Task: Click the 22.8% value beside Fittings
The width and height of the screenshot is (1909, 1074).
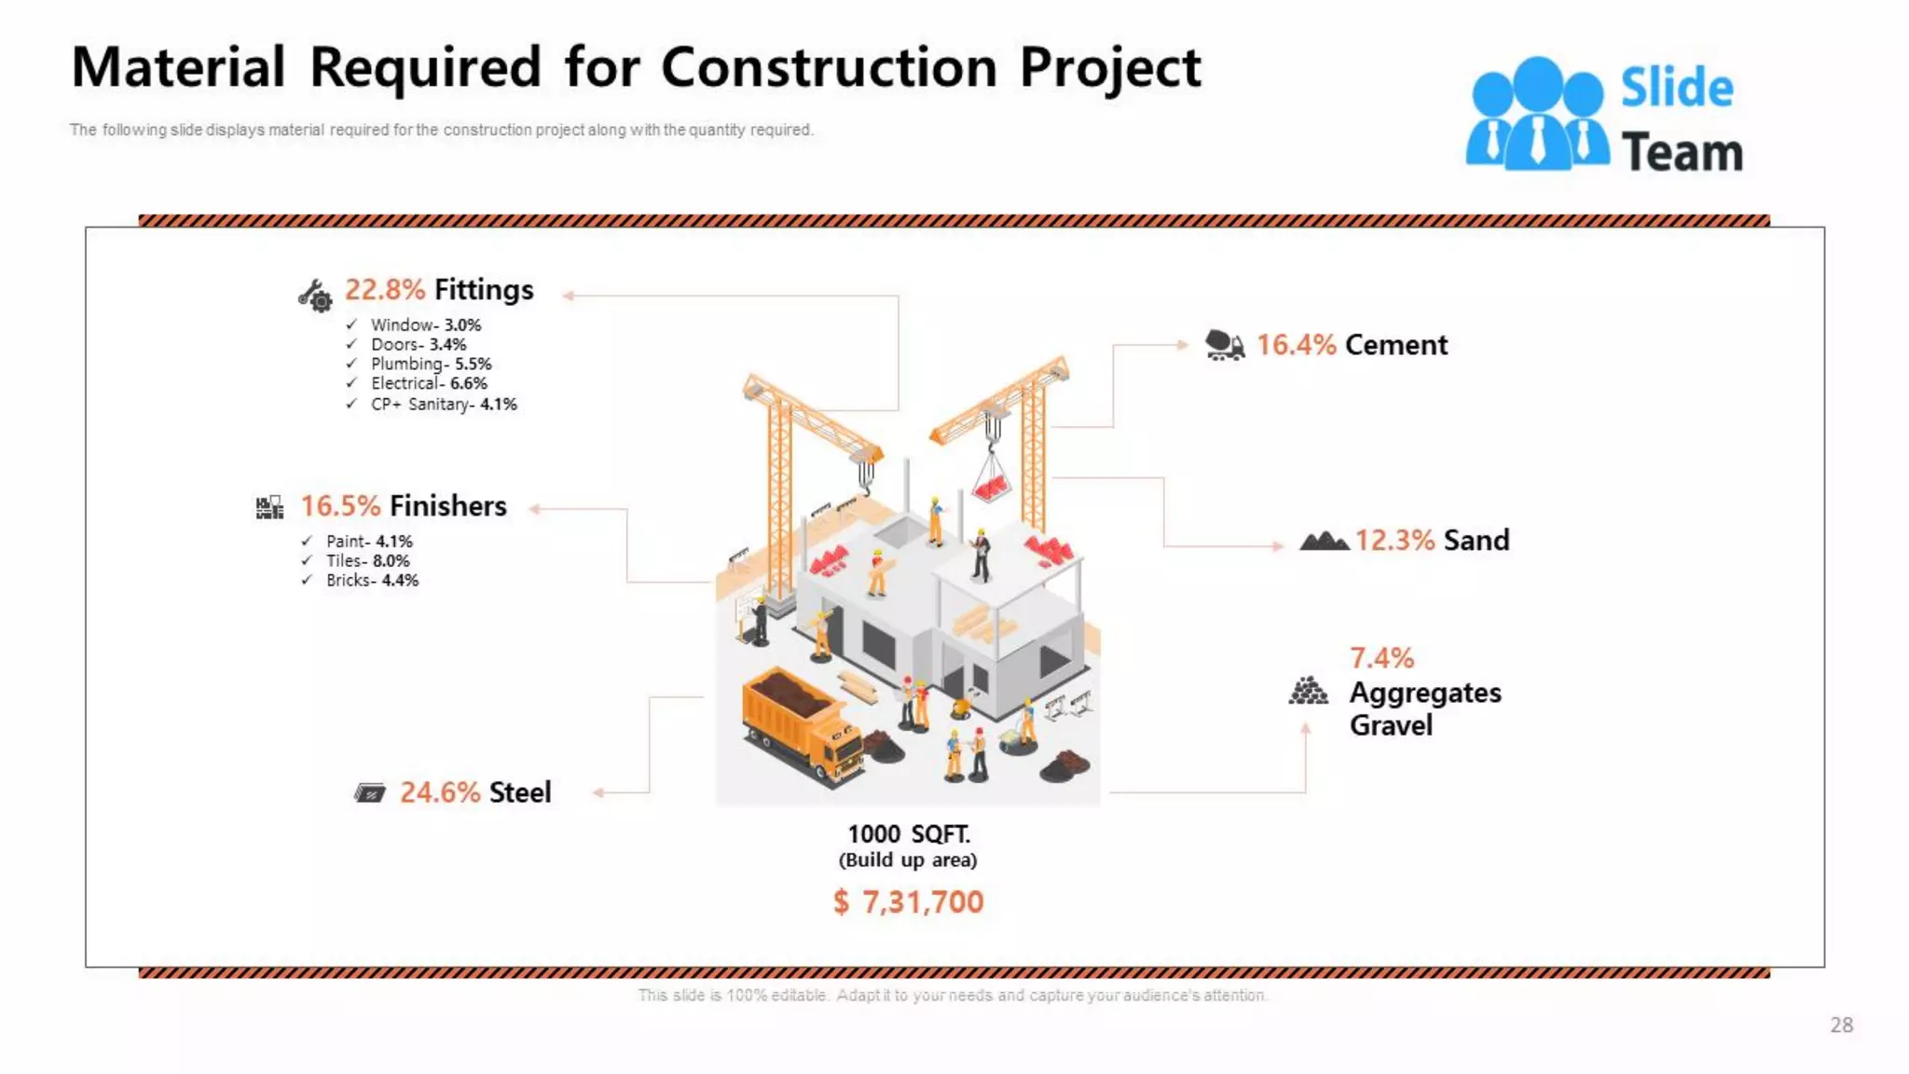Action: [x=384, y=290]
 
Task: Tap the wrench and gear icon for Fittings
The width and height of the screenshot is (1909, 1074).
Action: [x=315, y=296]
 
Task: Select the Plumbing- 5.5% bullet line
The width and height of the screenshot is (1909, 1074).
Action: [x=431, y=364]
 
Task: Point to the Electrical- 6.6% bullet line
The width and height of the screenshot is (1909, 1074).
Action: [x=429, y=383]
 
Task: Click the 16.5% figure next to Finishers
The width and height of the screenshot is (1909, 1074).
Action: [x=340, y=506]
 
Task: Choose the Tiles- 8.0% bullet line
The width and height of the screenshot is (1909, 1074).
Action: [x=367, y=560]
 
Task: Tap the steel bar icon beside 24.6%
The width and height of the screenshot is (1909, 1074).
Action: [x=370, y=793]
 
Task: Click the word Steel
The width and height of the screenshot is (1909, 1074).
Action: [x=520, y=792]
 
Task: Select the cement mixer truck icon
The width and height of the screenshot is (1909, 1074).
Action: [x=1224, y=345]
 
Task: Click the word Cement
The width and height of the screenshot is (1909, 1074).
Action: [x=1396, y=345]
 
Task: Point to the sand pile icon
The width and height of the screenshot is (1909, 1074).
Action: [x=1324, y=541]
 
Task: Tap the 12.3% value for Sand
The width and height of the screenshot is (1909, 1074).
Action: [x=1394, y=541]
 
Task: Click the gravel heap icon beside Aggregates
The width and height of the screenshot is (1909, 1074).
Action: [x=1308, y=692]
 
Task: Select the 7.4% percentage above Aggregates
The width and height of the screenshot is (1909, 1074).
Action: [x=1381, y=658]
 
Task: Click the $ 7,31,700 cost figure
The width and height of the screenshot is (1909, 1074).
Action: [x=909, y=902]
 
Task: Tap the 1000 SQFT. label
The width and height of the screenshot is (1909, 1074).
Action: [x=909, y=833]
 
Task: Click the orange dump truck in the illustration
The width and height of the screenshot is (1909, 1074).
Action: [x=802, y=723]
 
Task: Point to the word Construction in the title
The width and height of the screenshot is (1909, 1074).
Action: [x=829, y=68]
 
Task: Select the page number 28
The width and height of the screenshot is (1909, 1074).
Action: [x=1841, y=1026]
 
